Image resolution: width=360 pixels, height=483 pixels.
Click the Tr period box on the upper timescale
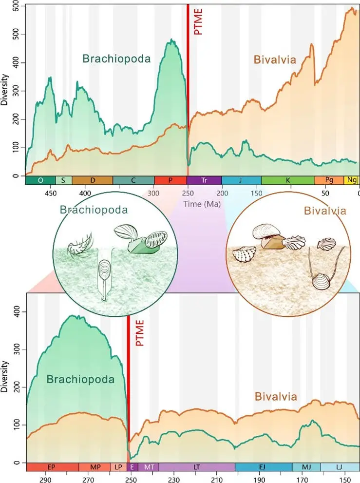click(x=204, y=180)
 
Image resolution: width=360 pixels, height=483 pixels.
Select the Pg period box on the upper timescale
click(x=329, y=180)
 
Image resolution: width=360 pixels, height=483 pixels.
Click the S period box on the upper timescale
click(x=64, y=180)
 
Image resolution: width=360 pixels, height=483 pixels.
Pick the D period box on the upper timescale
click(x=92, y=180)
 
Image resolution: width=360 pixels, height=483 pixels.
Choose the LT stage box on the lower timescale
click(x=197, y=467)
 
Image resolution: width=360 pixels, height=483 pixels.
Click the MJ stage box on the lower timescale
click(x=306, y=467)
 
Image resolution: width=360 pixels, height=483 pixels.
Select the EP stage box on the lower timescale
click(x=52, y=467)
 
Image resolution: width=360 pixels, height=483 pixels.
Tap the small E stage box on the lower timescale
click(x=132, y=467)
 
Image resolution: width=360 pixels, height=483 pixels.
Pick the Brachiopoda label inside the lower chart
click(x=81, y=379)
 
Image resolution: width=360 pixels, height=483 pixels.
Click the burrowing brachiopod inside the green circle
click(x=104, y=275)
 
